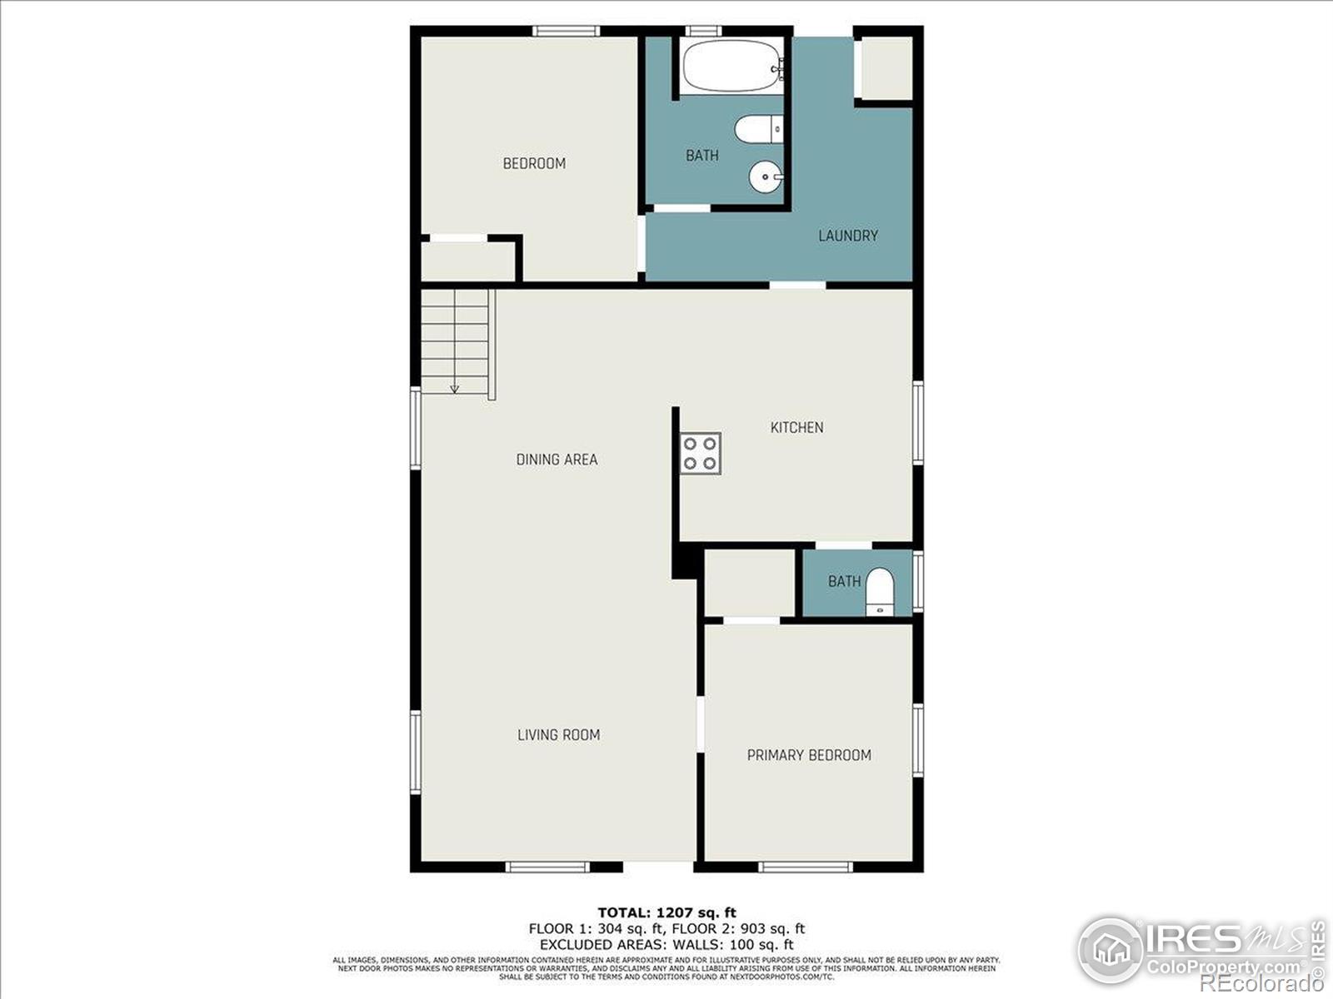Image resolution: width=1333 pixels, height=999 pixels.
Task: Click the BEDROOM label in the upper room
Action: [x=534, y=163]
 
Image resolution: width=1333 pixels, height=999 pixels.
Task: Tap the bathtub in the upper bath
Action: [x=731, y=66]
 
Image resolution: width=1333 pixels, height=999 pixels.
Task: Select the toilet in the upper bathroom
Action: [x=758, y=129]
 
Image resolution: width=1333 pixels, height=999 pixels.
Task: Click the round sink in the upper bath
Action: [x=766, y=176]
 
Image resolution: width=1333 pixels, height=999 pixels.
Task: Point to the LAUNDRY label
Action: [x=847, y=236]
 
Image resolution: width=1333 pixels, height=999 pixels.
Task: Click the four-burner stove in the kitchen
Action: [x=700, y=454]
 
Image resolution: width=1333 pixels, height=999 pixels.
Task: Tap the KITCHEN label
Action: [x=796, y=427]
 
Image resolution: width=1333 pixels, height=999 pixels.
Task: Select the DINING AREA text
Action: [x=557, y=460]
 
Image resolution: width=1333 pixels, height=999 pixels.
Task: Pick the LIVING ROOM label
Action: [x=558, y=734]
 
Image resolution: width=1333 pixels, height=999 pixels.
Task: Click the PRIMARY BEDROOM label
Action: [x=809, y=755]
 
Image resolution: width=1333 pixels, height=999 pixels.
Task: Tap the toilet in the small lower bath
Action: [x=880, y=592]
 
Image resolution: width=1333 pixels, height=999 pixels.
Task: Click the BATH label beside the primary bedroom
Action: [x=844, y=581]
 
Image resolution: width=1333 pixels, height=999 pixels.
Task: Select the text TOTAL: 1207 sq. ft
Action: [x=666, y=912]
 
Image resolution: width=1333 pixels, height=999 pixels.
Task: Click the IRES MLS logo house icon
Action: [x=1111, y=950]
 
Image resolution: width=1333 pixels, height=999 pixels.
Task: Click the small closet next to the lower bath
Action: [x=750, y=582]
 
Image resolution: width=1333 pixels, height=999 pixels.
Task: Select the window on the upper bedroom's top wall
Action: [x=567, y=32]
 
